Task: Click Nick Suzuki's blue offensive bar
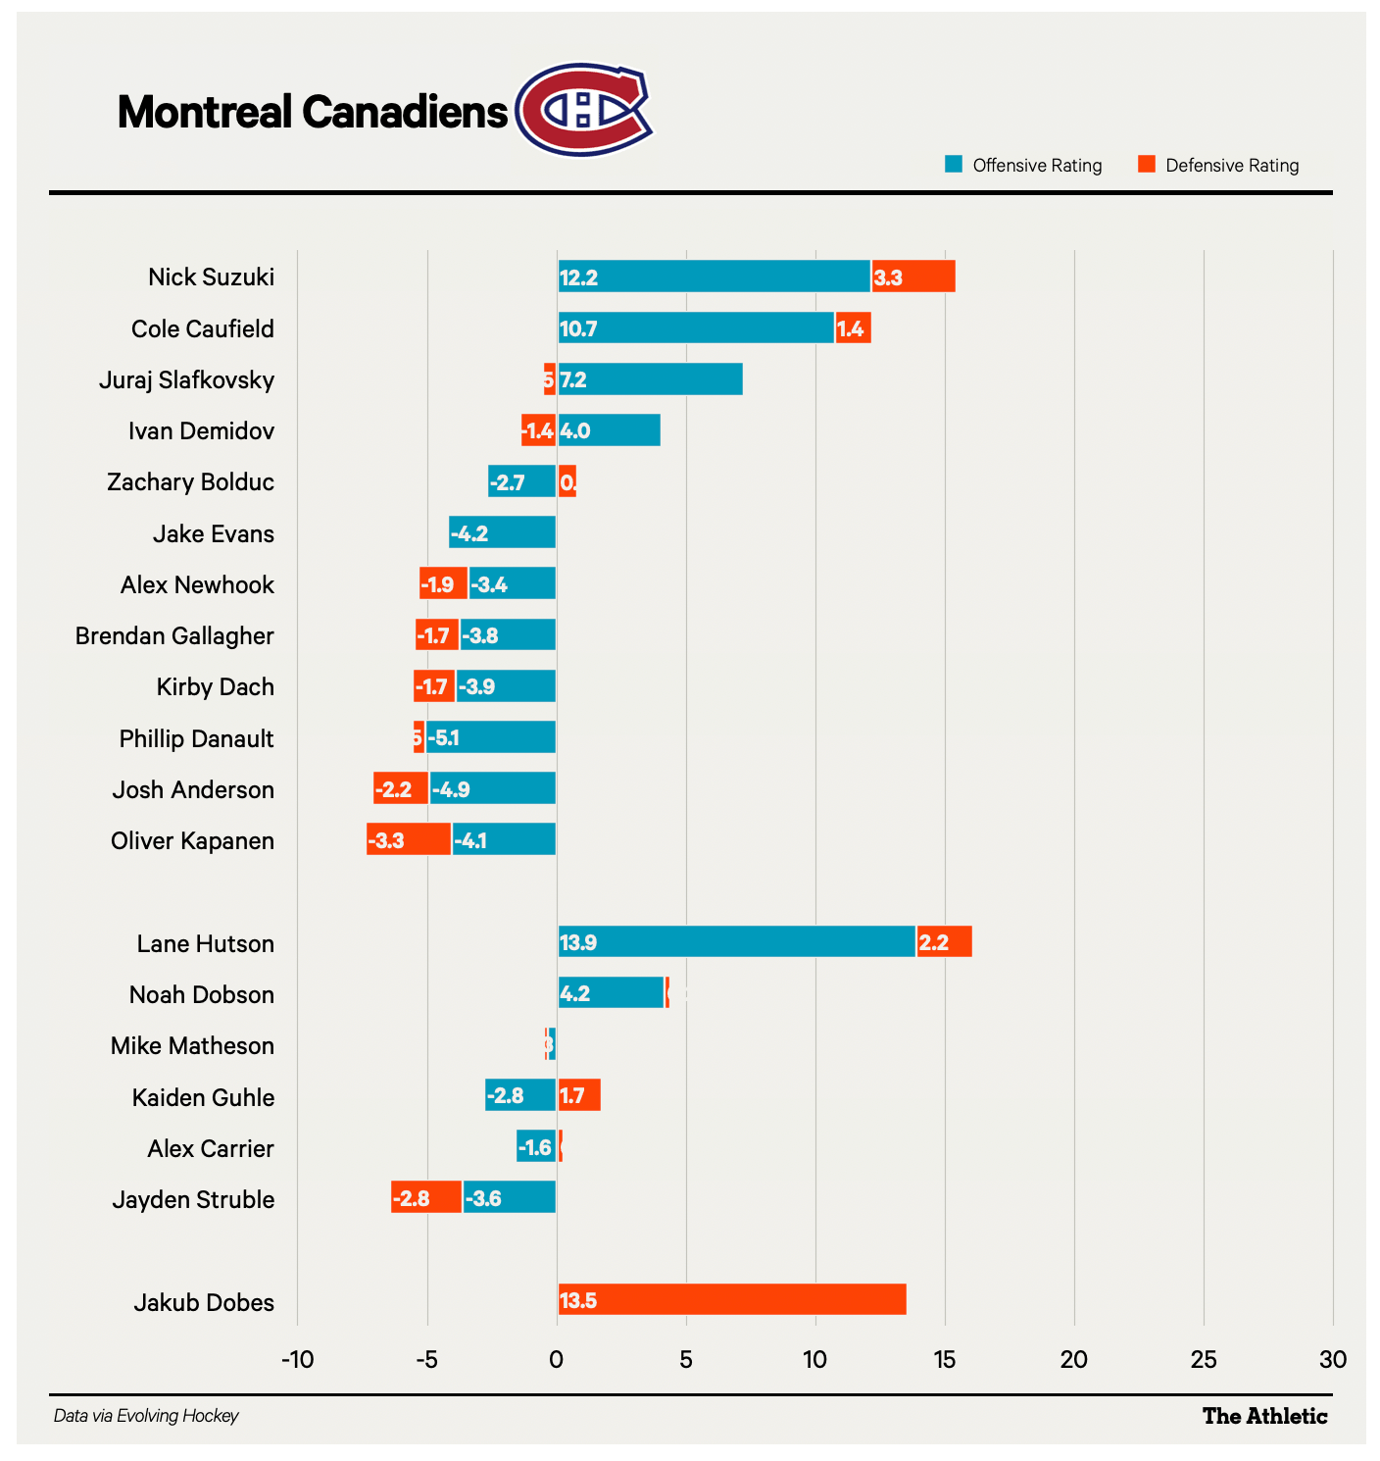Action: pos(714,277)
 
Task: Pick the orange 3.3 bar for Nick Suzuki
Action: pos(913,277)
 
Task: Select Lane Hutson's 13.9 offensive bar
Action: pos(736,942)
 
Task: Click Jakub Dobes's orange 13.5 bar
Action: pos(731,1300)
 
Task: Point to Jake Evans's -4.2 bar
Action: pos(502,533)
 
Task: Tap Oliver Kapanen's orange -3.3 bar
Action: pos(409,840)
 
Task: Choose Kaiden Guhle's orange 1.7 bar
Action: pos(579,1096)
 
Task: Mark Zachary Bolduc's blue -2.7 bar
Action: pos(521,481)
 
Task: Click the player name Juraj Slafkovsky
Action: pos(186,379)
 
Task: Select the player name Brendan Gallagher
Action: pos(174,635)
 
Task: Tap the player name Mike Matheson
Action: pos(192,1045)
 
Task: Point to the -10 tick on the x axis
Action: pos(297,1360)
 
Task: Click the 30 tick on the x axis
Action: pos(1332,1360)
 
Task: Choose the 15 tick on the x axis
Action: pos(944,1360)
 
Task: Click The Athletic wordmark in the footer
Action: pos(1264,1416)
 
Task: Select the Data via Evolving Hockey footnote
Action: pos(146,1416)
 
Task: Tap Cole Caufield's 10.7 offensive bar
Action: pos(696,327)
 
